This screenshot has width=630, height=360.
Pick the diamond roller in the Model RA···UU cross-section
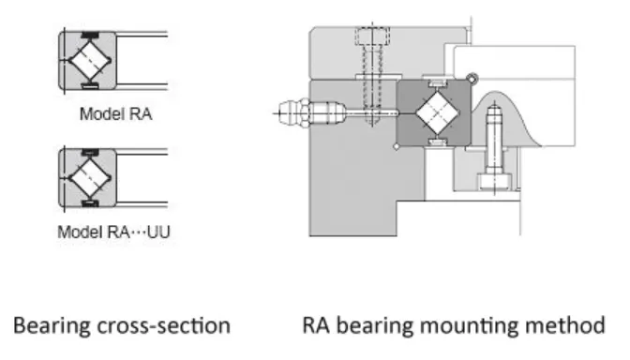(88, 177)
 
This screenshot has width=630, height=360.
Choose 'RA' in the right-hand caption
(315, 326)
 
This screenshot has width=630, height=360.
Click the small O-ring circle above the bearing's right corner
(474, 79)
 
